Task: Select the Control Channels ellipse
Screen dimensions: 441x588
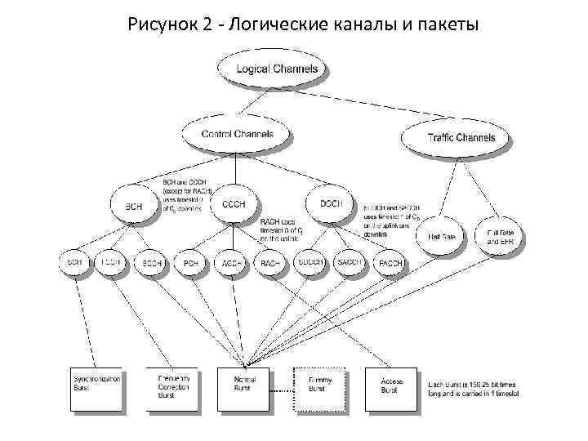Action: point(237,134)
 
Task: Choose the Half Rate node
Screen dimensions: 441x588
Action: point(441,236)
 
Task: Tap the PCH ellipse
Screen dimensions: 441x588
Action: point(190,263)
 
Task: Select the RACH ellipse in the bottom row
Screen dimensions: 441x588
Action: point(269,263)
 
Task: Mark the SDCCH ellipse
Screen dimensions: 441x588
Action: point(310,262)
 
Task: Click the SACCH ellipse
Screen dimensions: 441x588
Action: point(350,262)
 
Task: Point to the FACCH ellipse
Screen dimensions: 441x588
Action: point(390,263)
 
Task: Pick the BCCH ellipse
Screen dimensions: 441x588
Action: point(152,263)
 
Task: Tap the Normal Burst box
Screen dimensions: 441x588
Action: point(245,388)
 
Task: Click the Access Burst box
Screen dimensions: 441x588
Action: point(390,388)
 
